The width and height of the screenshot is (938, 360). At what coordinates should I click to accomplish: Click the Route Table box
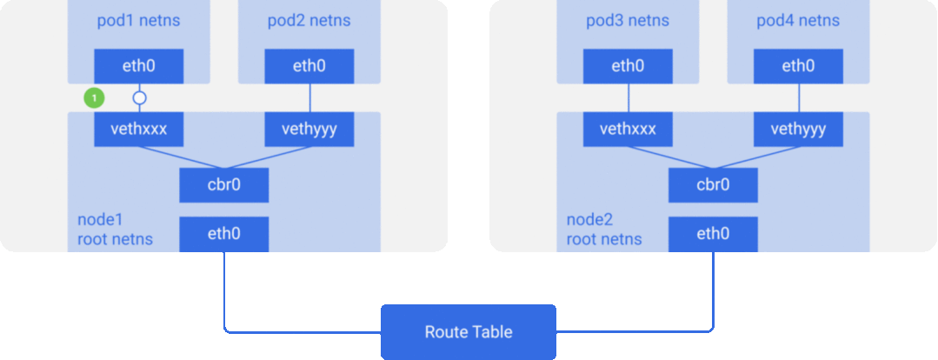click(468, 332)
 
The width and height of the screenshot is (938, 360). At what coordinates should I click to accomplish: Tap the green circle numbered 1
click(94, 98)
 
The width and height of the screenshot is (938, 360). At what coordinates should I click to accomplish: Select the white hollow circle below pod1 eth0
click(139, 98)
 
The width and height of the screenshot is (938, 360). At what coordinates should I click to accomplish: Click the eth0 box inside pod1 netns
click(139, 65)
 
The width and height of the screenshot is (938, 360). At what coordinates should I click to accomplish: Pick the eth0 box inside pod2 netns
click(309, 65)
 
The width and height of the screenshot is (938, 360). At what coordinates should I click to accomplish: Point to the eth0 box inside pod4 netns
click(797, 65)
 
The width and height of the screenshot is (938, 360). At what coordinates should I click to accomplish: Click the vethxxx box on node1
click(139, 130)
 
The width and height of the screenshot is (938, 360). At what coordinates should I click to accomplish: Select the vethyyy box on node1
click(309, 130)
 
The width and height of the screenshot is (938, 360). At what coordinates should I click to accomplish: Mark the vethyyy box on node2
click(797, 130)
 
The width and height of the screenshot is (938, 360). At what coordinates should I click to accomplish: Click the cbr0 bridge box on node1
click(223, 184)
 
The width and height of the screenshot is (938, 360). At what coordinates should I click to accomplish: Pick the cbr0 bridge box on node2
click(712, 184)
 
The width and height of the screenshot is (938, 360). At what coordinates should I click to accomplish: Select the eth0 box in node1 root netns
click(223, 234)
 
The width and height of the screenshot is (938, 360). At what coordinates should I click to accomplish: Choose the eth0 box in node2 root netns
click(712, 234)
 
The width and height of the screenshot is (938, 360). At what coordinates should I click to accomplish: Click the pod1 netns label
click(139, 20)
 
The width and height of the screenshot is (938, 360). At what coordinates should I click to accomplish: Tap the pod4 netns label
click(797, 20)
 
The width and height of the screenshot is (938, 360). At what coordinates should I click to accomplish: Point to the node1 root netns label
click(116, 229)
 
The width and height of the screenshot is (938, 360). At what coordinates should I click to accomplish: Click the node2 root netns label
click(604, 229)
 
